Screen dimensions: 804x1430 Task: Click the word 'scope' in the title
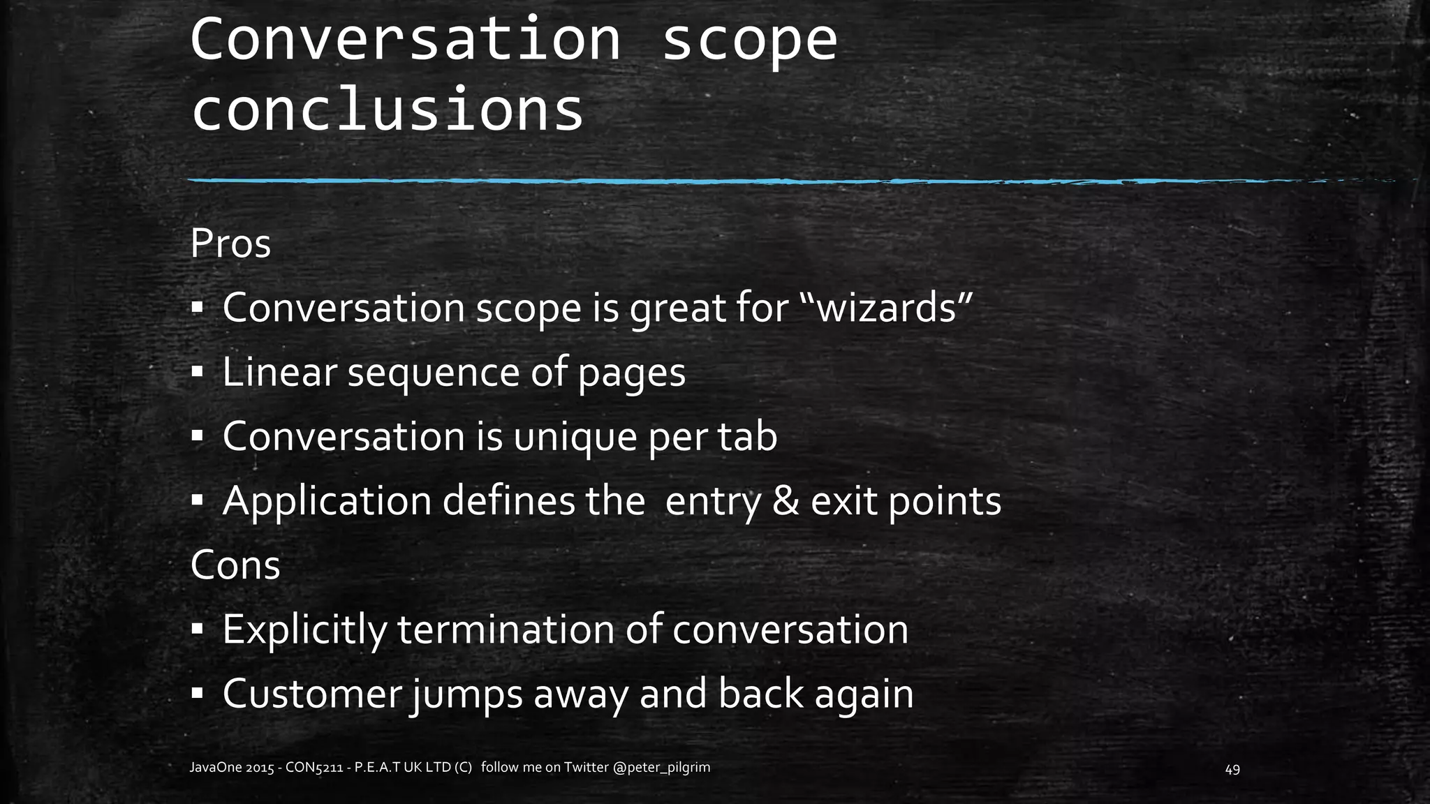[x=749, y=40]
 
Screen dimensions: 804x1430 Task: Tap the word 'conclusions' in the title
[x=388, y=110]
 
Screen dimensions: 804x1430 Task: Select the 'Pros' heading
[x=230, y=244]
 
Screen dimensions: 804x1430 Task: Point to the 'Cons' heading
[x=235, y=565]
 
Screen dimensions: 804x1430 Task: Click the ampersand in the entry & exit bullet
[x=786, y=501]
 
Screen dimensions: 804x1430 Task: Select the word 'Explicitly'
[x=304, y=630]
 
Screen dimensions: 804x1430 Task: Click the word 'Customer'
[x=312, y=694]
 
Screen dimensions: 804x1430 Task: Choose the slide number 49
[x=1232, y=769]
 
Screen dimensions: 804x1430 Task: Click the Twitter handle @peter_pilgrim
[x=661, y=768]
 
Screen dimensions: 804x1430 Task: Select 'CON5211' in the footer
[x=316, y=768]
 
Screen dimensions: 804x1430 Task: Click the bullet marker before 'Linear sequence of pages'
[x=197, y=373]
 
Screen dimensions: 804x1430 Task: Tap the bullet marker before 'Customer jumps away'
[x=197, y=694]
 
